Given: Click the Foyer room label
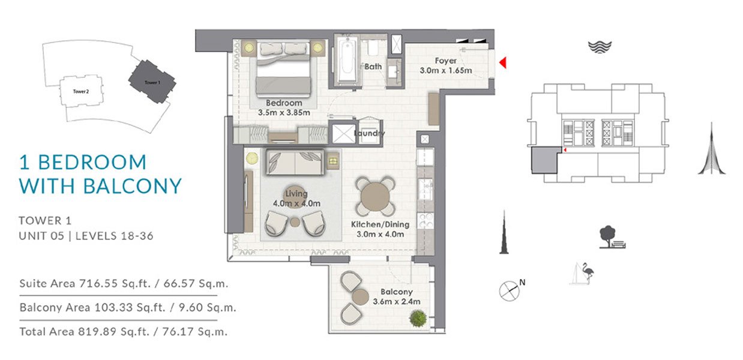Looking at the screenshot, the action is tap(445, 61).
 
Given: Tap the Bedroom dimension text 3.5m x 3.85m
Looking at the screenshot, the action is tap(284, 113).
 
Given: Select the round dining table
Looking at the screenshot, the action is tap(376, 196).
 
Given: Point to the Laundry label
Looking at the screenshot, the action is tap(369, 133).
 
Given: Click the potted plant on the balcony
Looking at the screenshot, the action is tap(418, 318).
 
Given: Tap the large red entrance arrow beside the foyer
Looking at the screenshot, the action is tap(503, 62).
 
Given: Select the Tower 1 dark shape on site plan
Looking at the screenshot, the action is tap(152, 82).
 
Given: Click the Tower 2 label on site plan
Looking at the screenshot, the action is tap(81, 91).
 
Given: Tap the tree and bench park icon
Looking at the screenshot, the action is tap(612, 237).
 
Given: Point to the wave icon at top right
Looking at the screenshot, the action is tap(600, 47).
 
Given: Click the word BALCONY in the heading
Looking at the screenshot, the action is tap(133, 185).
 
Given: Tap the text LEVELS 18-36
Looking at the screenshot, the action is tap(115, 236).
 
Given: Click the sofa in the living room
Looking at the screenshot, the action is tap(295, 162).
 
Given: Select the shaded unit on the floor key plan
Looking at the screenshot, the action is tap(544, 160).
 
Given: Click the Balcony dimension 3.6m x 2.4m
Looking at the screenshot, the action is tap(396, 302).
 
